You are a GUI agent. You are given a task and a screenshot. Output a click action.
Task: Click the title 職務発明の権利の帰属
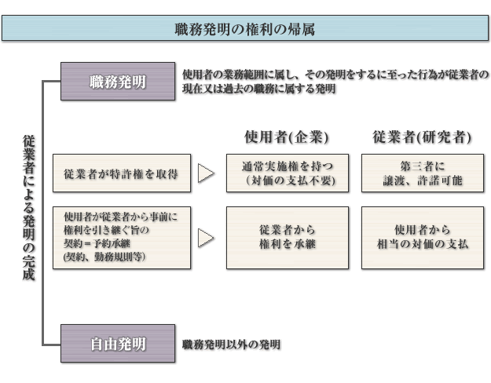pyautogui.click(x=245, y=29)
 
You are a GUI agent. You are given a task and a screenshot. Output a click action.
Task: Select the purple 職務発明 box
pyautogui.click(x=118, y=82)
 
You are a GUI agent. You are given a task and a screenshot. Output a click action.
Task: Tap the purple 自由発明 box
pyautogui.click(x=118, y=344)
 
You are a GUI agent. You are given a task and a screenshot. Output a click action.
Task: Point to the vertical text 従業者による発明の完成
pyautogui.click(x=28, y=208)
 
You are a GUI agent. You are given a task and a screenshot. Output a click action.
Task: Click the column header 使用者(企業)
pyautogui.click(x=287, y=137)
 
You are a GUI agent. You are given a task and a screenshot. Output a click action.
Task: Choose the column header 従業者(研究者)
pyautogui.click(x=422, y=137)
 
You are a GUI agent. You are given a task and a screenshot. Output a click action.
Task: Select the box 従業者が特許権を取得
pyautogui.click(x=122, y=173)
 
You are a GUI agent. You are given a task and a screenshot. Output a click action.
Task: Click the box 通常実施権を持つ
pyautogui.click(x=288, y=173)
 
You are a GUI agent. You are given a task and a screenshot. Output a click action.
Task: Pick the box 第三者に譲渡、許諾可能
pyautogui.click(x=423, y=173)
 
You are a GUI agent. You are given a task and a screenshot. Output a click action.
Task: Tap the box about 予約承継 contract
pyautogui.click(x=122, y=238)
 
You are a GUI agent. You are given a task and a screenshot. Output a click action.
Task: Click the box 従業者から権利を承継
pyautogui.click(x=288, y=238)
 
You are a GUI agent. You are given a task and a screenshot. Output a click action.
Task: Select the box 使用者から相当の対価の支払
pyautogui.click(x=423, y=238)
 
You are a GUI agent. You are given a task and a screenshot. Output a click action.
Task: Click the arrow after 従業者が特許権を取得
pyautogui.click(x=206, y=173)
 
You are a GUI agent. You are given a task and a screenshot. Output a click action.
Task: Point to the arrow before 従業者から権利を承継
pyautogui.click(x=206, y=238)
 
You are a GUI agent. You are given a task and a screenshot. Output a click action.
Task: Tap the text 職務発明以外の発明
pyautogui.click(x=232, y=345)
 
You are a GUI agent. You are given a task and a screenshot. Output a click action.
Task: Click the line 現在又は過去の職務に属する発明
pyautogui.click(x=259, y=89)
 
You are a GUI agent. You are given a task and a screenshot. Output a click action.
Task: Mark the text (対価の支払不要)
pyautogui.click(x=290, y=181)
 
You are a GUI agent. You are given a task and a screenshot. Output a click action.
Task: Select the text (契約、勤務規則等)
pyautogui.click(x=104, y=257)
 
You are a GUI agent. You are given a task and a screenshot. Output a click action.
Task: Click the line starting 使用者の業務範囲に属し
pyautogui.click(x=335, y=75)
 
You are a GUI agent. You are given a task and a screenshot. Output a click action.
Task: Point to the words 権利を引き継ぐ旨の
pyautogui.click(x=107, y=230)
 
